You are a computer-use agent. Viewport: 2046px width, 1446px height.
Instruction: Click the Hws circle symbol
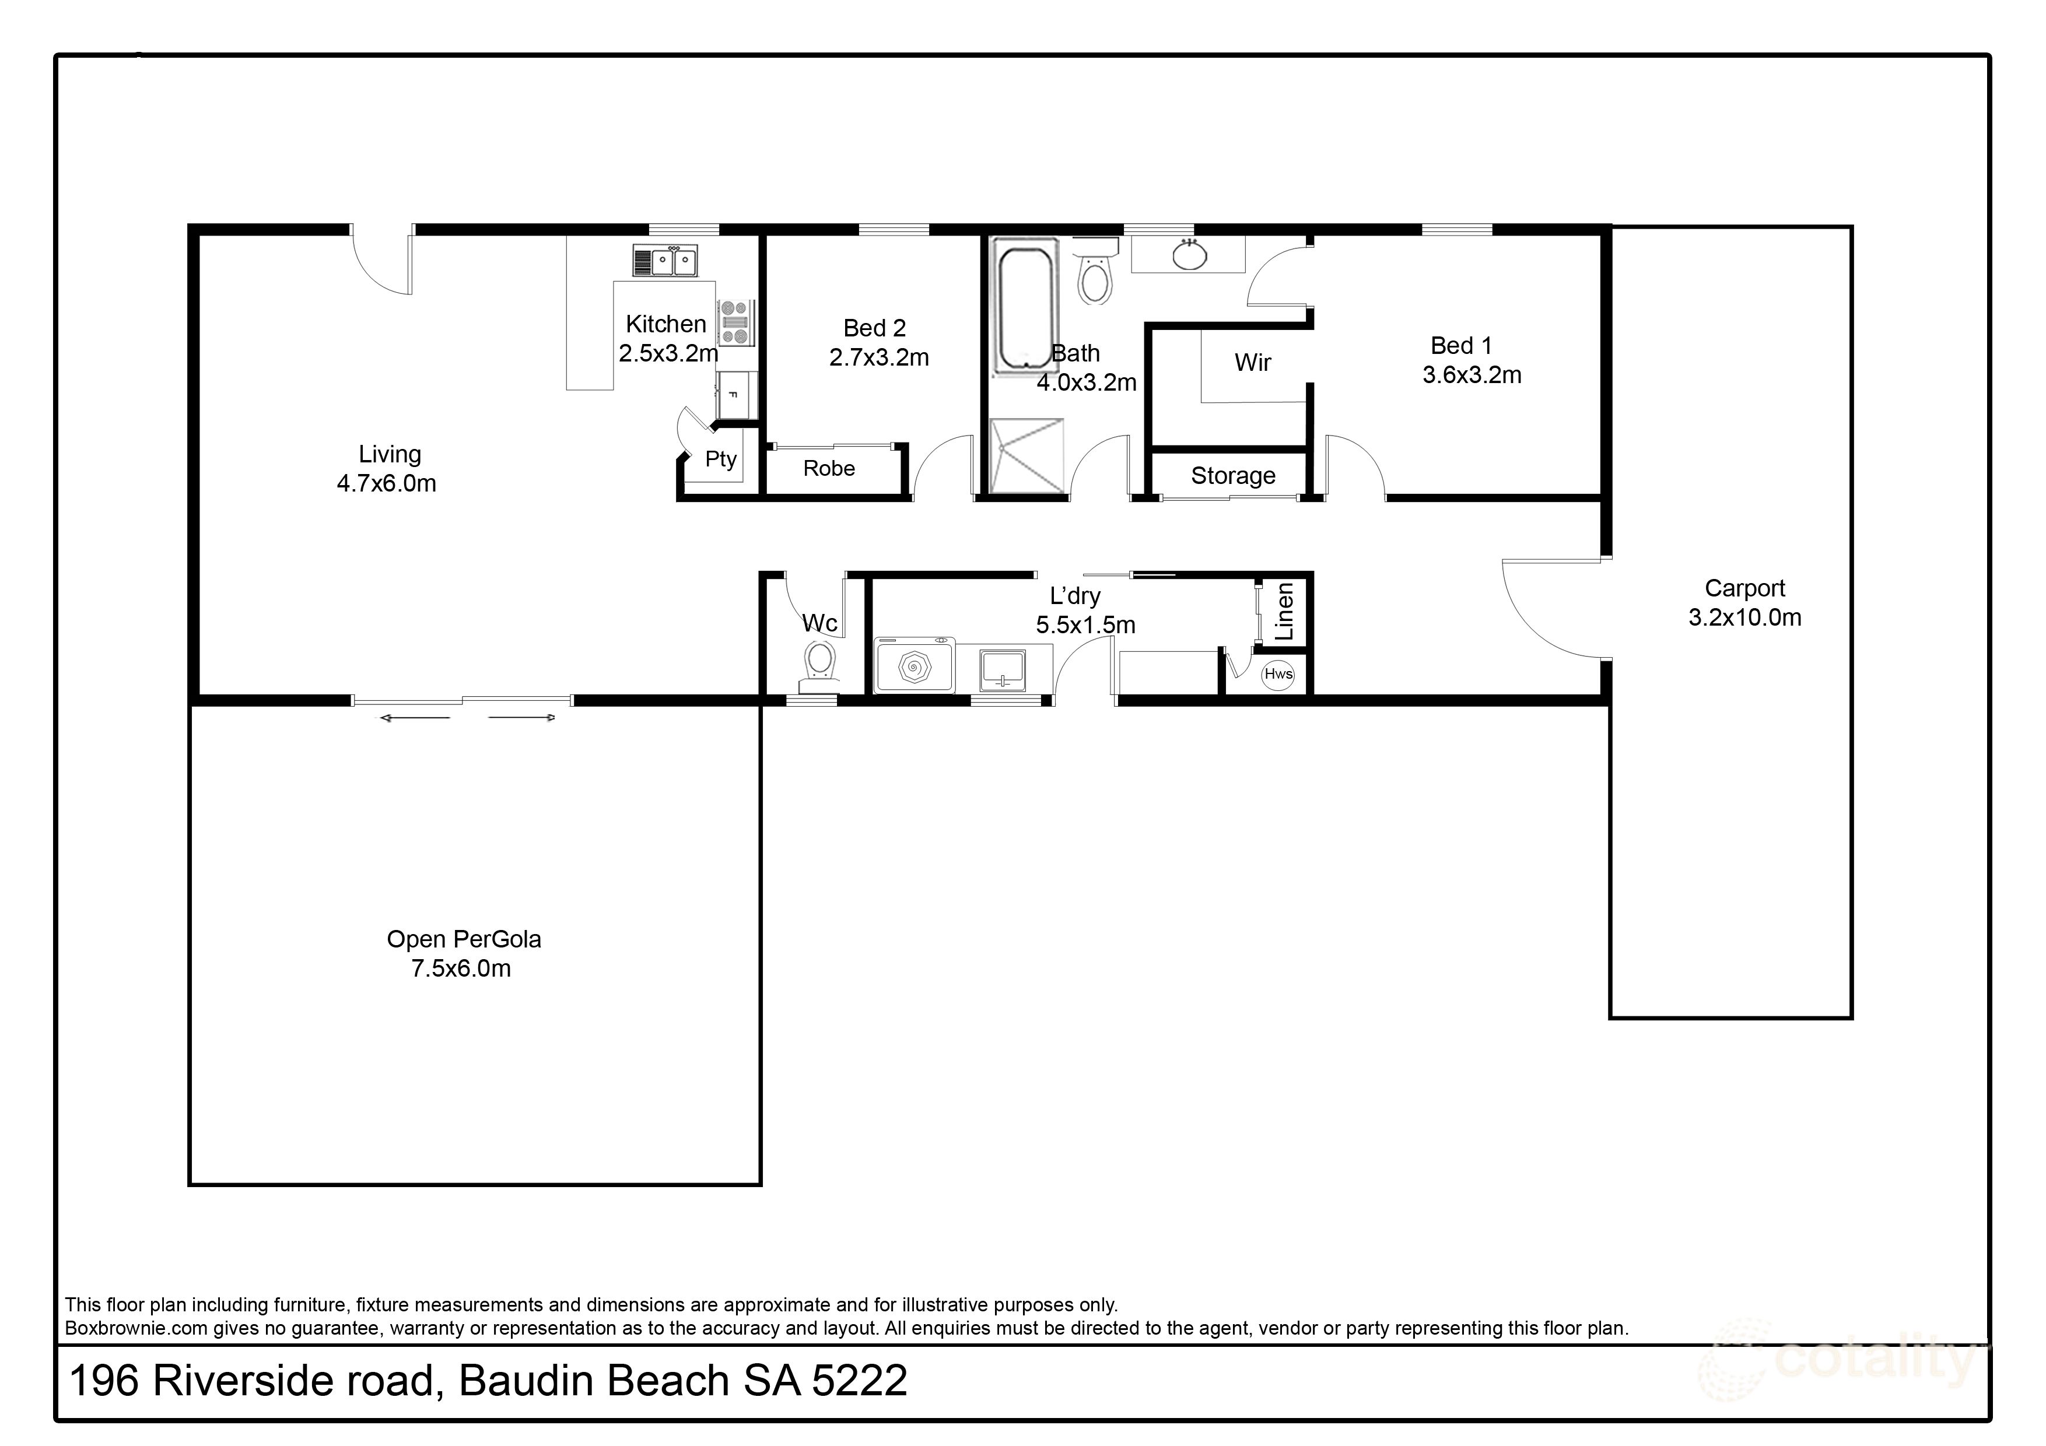pos(1278,673)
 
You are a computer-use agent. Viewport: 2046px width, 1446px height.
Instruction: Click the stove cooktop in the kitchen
pos(735,322)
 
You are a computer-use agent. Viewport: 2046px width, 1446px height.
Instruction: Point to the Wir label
pos(1252,363)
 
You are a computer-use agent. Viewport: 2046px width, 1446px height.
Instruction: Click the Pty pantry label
pos(720,459)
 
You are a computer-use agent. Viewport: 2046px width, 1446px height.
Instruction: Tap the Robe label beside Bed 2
pos(829,469)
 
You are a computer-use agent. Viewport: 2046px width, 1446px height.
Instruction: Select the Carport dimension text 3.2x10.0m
pos(1744,617)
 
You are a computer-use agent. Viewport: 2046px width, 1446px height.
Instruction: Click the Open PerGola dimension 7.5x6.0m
pos(461,968)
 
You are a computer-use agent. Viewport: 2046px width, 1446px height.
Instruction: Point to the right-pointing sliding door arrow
pos(522,717)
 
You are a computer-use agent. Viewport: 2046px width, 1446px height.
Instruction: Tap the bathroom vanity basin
pos(1189,256)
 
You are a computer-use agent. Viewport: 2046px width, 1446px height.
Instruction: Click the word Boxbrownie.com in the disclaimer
pos(135,1328)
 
